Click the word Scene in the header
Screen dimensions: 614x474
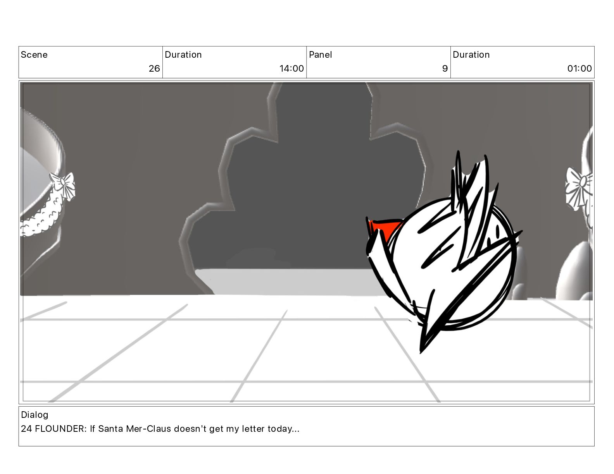click(x=34, y=55)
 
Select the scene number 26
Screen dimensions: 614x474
click(x=154, y=69)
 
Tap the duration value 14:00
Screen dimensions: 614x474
click(x=291, y=69)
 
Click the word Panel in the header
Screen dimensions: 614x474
click(x=320, y=55)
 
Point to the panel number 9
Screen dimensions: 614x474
click(x=445, y=69)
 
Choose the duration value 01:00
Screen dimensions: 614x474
click(x=579, y=69)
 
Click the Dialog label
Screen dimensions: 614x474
click(x=34, y=415)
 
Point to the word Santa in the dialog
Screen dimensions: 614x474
click(x=110, y=429)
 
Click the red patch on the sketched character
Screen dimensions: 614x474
click(x=384, y=226)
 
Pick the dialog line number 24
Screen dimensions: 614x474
click(x=26, y=429)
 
